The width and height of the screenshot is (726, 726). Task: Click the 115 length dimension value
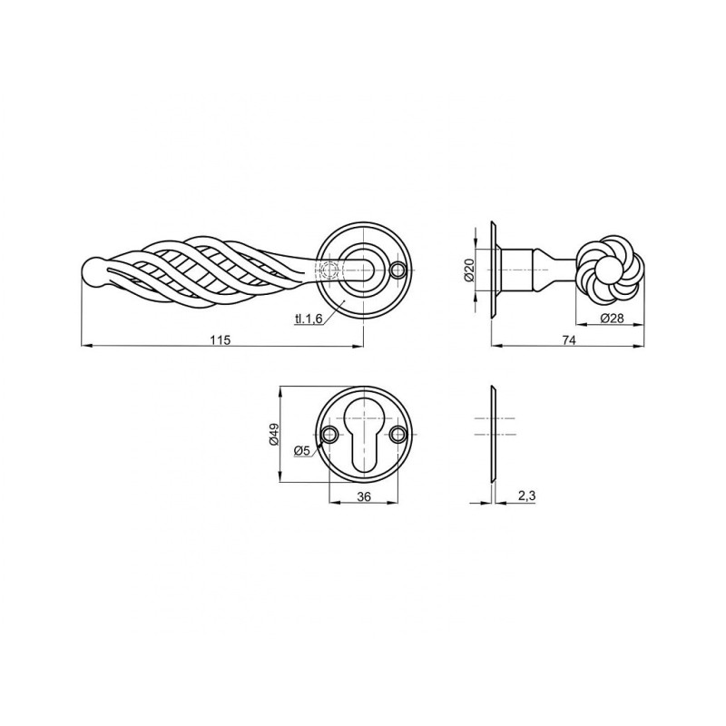click(x=220, y=339)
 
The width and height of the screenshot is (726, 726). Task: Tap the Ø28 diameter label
click(x=612, y=319)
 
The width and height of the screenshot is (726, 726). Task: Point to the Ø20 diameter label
click(x=469, y=270)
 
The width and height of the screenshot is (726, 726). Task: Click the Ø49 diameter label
click(x=273, y=435)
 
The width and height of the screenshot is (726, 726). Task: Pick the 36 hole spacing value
click(x=365, y=496)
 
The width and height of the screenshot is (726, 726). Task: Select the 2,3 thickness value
click(x=526, y=495)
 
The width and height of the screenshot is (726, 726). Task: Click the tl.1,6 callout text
click(x=309, y=319)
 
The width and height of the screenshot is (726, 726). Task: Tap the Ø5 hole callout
click(x=301, y=449)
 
